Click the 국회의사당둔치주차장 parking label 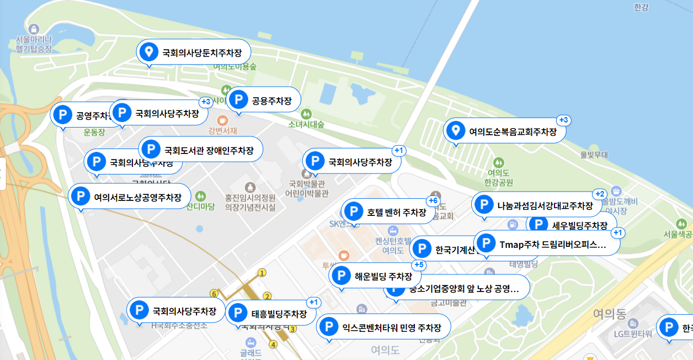pyautogui.click(x=193, y=54)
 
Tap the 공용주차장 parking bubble pyautogui.click(x=264, y=100)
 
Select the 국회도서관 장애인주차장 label pyautogui.click(x=201, y=150)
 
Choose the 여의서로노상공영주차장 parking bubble pyautogui.click(x=130, y=197)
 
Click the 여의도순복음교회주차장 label pyautogui.click(x=504, y=131)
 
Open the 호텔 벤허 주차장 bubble pyautogui.click(x=388, y=212)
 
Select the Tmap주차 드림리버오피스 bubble pyautogui.click(x=546, y=243)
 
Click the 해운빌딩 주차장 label pyautogui.click(x=375, y=276)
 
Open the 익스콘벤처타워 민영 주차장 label pyautogui.click(x=383, y=327)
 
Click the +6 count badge pyautogui.click(x=433, y=200)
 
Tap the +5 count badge pyautogui.click(x=419, y=265)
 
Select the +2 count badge pyautogui.click(x=600, y=194)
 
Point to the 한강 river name pyautogui.click(x=641, y=7)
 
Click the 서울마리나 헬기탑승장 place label pyautogui.click(x=34, y=44)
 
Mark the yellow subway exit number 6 pyautogui.click(x=214, y=293)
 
